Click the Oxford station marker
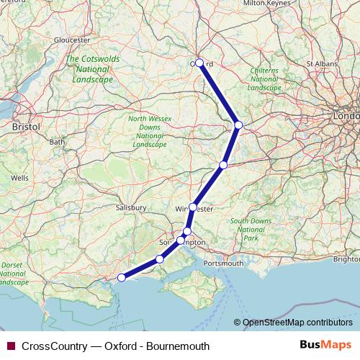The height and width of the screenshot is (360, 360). point(199,63)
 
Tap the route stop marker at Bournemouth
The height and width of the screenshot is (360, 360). point(122,277)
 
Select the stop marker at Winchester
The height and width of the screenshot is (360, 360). point(193,207)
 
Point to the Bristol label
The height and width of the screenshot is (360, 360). point(27,126)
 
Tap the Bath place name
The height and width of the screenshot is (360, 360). point(56,142)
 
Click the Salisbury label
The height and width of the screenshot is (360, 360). point(131,207)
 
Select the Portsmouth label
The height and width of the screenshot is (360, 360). point(224,264)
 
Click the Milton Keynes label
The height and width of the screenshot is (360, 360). point(266,4)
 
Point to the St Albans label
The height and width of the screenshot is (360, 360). point(322,63)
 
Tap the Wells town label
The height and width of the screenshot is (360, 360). point(19,177)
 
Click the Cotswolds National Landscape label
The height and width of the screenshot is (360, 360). point(89,69)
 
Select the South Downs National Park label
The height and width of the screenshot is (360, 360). point(250,228)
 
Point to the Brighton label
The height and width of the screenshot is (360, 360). point(348,258)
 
